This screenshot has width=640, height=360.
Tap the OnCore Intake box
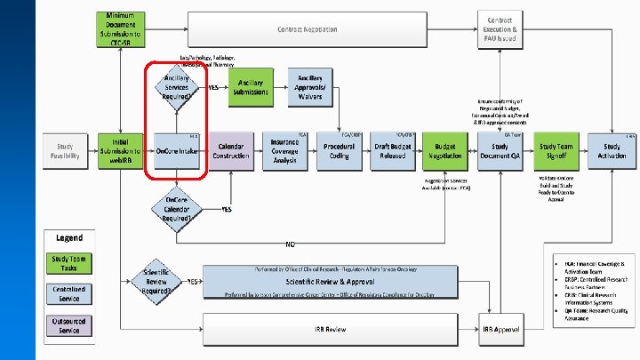tap(176, 151)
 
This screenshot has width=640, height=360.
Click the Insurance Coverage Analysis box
tap(284, 150)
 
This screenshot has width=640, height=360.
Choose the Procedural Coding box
tap(339, 150)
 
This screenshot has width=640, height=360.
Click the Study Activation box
tap(612, 150)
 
